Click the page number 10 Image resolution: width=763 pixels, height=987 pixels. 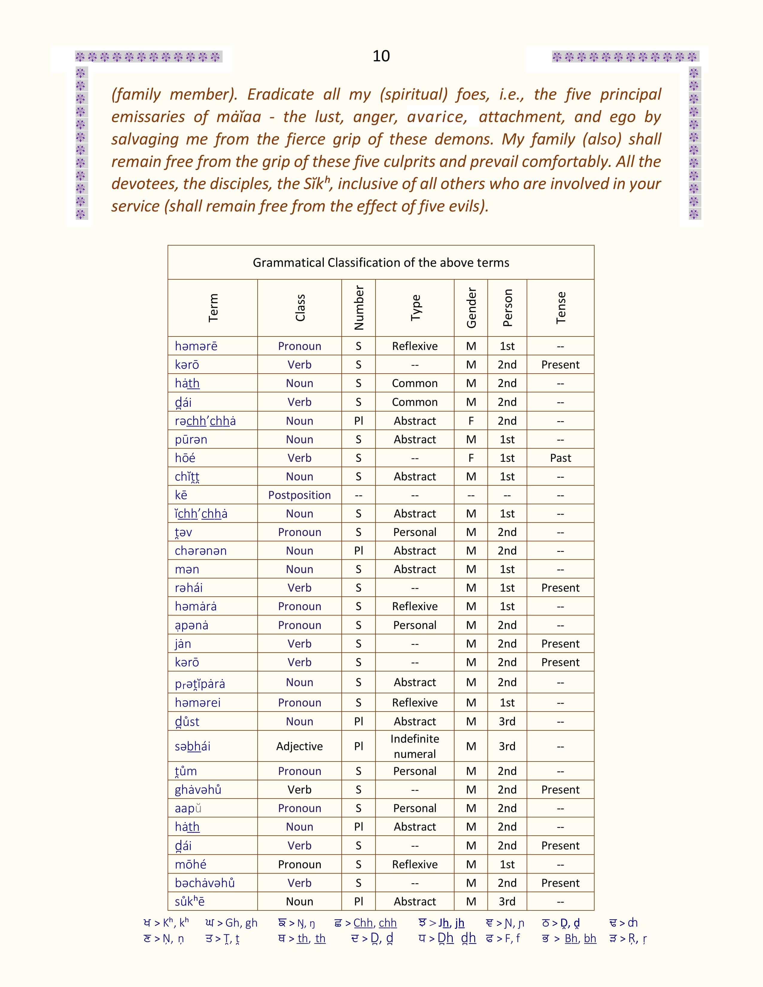(x=381, y=56)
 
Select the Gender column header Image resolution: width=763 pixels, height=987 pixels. (x=471, y=308)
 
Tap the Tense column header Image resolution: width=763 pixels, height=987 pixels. (x=560, y=308)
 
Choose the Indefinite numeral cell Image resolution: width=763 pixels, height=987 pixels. (x=414, y=746)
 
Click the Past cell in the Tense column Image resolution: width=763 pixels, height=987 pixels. (x=560, y=458)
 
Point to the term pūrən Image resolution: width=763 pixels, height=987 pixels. (x=191, y=439)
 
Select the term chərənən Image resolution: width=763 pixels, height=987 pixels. (x=201, y=551)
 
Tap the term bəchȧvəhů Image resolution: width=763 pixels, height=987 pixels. (x=205, y=883)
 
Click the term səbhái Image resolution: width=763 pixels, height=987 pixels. (x=193, y=746)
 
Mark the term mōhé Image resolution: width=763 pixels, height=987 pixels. (x=190, y=864)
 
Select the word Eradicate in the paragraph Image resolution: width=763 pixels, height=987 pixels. (x=280, y=95)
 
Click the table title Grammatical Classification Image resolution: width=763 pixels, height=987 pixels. (x=381, y=263)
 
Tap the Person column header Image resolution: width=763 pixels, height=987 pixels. (x=507, y=308)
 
